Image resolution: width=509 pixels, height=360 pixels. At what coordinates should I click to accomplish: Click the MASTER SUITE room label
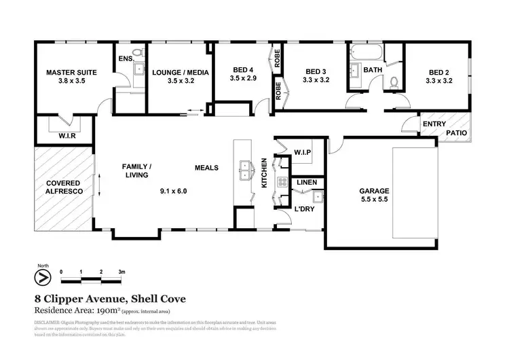click(x=71, y=72)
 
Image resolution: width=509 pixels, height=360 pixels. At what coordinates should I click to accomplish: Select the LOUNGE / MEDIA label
click(x=180, y=72)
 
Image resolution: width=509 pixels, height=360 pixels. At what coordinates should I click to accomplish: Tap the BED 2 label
click(x=438, y=72)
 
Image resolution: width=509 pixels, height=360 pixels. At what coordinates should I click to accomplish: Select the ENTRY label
click(x=434, y=124)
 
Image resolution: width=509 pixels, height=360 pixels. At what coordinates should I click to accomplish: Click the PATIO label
click(x=456, y=133)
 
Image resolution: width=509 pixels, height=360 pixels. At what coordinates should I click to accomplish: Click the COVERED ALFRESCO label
click(x=63, y=188)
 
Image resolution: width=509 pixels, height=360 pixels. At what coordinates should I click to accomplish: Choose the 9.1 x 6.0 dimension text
click(x=173, y=192)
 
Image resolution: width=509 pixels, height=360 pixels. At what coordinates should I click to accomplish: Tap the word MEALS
click(x=206, y=167)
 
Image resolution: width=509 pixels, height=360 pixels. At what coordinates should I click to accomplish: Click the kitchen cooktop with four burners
click(x=280, y=182)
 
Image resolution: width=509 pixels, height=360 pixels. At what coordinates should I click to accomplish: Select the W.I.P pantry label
click(x=302, y=153)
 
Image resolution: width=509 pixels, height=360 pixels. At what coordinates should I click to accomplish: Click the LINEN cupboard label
click(x=304, y=182)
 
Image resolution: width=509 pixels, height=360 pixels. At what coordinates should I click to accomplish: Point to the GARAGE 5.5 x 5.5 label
click(x=373, y=196)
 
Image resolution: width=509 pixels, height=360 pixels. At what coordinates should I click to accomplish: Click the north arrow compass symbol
click(x=43, y=278)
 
